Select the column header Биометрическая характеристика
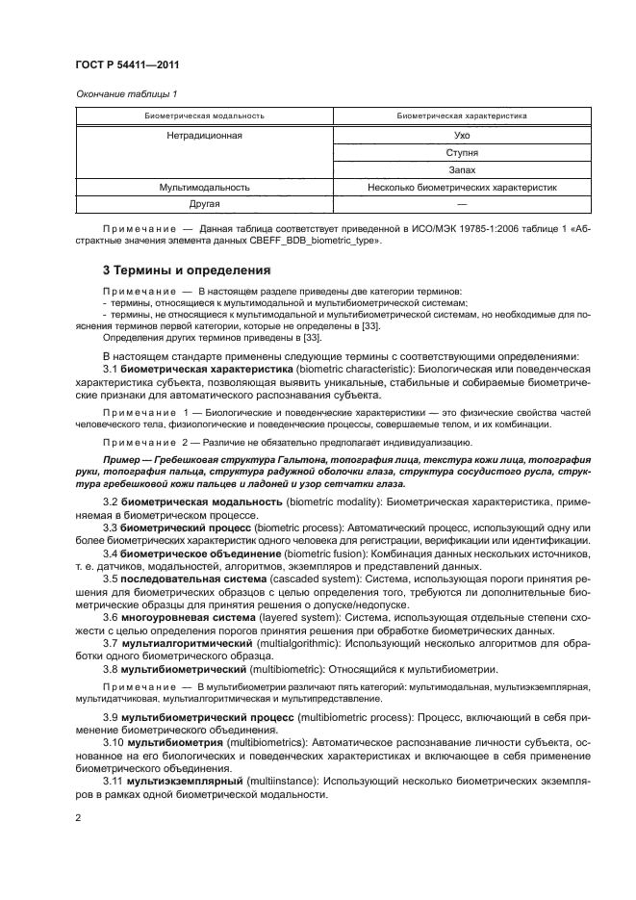coord(462,116)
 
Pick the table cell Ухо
coord(462,136)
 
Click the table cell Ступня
coord(462,153)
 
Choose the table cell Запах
coord(462,169)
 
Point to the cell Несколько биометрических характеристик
coord(462,187)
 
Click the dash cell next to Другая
coord(462,204)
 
